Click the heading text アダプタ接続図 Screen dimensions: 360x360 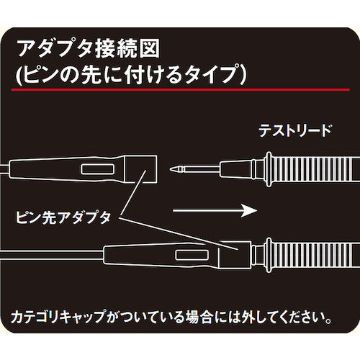pyautogui.click(x=89, y=49)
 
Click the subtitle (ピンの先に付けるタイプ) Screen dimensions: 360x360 pyautogui.click(x=131, y=74)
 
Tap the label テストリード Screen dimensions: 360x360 pyautogui.click(x=295, y=131)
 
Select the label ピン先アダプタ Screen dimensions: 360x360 pyautogui.click(x=63, y=217)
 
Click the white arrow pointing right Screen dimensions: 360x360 pyautogui.click(x=215, y=210)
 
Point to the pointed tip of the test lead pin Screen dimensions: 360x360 pyautogui.click(x=171, y=169)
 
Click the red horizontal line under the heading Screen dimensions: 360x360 pyautogui.click(x=180, y=90)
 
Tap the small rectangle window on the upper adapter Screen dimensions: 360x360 pyautogui.click(x=97, y=169)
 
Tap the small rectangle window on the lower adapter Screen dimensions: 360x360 pyautogui.click(x=192, y=255)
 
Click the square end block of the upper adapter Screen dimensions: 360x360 pyautogui.click(x=140, y=169)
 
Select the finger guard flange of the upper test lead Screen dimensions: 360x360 pyautogui.click(x=269, y=169)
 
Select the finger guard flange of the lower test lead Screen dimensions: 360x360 pyautogui.click(x=269, y=255)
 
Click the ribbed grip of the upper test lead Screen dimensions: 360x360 pyautogui.click(x=316, y=169)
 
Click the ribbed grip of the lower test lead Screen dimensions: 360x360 pyautogui.click(x=316, y=255)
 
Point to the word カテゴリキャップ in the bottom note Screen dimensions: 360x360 pyautogui.click(x=58, y=317)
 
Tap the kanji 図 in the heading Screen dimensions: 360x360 pyautogui.click(x=150, y=49)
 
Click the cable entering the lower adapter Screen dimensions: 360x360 pyautogui.click(x=52, y=255)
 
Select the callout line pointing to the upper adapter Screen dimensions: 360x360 pyautogui.click(x=133, y=192)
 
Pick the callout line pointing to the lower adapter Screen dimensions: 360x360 pyautogui.click(x=178, y=234)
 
